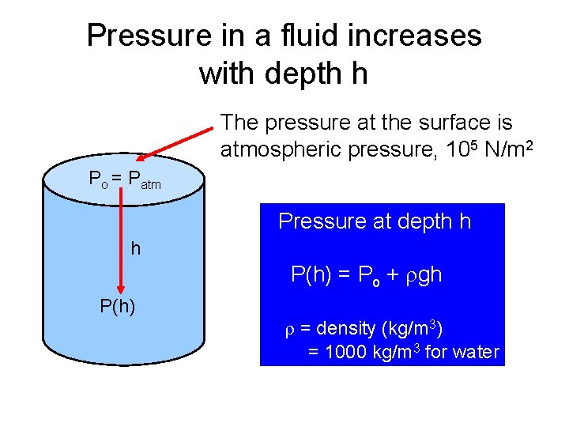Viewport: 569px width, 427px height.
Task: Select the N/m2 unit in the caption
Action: coord(498,149)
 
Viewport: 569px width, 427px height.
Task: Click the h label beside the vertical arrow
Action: coord(136,249)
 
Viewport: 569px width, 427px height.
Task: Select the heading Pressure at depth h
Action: coord(375,221)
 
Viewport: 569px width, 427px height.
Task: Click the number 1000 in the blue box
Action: coord(347,352)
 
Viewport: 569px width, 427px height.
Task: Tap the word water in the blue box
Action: coord(477,352)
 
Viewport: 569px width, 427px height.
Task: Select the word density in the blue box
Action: coord(346,327)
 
